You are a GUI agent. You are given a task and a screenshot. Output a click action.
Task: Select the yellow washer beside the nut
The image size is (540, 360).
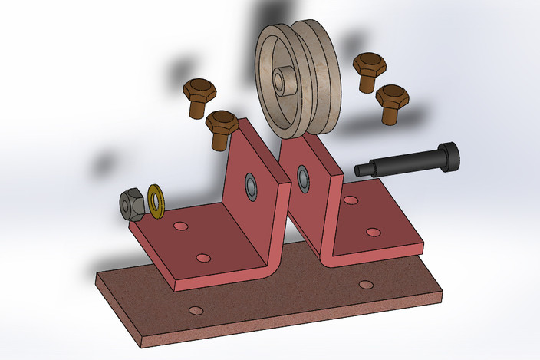point(156,200)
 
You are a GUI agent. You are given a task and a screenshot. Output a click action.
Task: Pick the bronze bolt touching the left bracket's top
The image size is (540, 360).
point(222,127)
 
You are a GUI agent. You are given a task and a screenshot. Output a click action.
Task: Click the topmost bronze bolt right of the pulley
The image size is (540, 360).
point(368,71)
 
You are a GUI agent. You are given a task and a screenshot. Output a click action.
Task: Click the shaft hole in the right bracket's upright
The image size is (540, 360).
point(303,179)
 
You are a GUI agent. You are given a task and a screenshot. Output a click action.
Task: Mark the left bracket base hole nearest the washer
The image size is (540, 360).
point(181,226)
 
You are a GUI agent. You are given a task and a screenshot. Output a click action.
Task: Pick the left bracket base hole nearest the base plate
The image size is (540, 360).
point(202,258)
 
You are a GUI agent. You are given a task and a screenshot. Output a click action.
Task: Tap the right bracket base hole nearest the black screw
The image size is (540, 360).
point(351,200)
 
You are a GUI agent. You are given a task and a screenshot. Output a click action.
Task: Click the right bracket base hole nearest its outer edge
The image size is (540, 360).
point(374,231)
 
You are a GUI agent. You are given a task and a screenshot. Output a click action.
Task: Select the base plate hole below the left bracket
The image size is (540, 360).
point(196,310)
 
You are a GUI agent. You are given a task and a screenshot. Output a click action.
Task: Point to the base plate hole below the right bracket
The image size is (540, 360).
point(366,285)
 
